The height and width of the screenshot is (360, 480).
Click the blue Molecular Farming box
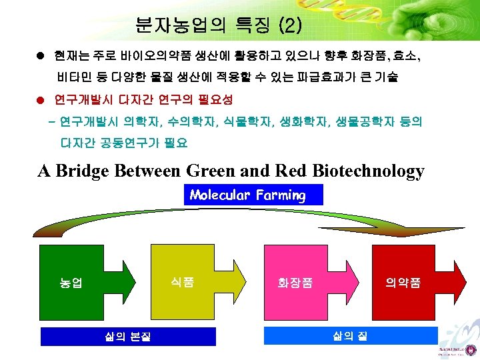coord(252,195)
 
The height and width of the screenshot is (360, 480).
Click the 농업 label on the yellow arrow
coord(71,283)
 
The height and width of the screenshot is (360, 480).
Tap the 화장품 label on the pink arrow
coord(295,283)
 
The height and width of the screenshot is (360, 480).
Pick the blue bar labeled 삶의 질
coord(351,335)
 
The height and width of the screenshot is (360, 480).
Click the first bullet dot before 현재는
coord(41,53)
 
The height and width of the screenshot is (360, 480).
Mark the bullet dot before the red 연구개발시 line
coord(41,100)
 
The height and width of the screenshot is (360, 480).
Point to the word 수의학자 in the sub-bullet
coord(186,123)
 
